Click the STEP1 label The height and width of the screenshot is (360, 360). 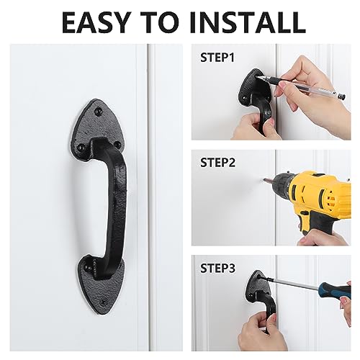click(x=217, y=58)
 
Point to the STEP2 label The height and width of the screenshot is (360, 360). click(x=218, y=163)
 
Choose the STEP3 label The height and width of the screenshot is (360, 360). click(x=218, y=268)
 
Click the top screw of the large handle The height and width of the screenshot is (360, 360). click(x=98, y=111)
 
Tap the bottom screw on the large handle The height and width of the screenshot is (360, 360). click(x=104, y=303)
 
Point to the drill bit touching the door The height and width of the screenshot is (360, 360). click(x=268, y=181)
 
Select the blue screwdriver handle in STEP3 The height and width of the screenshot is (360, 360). click(x=335, y=290)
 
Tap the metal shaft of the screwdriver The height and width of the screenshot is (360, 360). click(x=290, y=284)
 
